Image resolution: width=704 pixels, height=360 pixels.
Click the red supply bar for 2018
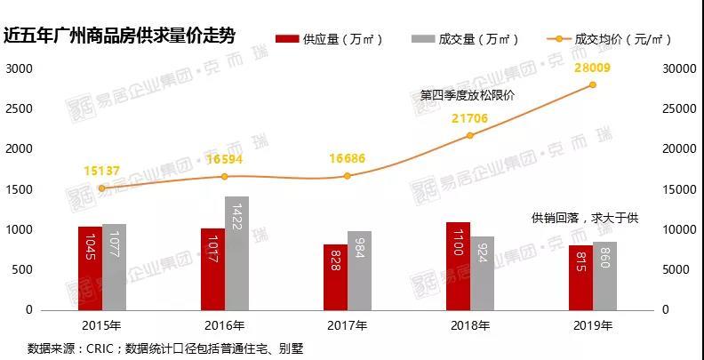click(458, 266)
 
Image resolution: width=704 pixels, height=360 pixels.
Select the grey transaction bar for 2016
click(237, 253)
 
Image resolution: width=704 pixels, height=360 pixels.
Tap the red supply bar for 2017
click(335, 277)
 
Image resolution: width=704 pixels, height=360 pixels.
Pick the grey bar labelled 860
click(604, 276)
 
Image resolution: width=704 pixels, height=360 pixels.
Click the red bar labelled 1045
click(91, 268)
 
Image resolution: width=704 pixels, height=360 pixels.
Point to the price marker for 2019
click(593, 84)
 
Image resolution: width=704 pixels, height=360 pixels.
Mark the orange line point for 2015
click(102, 188)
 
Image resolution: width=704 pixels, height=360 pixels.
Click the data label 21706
click(470, 119)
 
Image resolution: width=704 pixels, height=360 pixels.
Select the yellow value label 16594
click(225, 159)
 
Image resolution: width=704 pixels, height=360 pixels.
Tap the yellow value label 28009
click(592, 68)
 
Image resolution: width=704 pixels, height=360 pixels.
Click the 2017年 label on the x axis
click(348, 325)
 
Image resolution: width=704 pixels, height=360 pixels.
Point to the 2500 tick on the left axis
click(19, 109)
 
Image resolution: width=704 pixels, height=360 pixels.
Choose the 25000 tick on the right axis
click(680, 109)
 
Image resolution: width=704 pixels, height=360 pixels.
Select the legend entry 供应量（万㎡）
click(330, 39)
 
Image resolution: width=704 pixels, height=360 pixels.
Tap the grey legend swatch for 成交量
click(422, 39)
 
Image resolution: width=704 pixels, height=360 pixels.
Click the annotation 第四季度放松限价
click(468, 96)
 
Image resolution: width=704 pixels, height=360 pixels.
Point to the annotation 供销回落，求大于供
click(585, 219)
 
